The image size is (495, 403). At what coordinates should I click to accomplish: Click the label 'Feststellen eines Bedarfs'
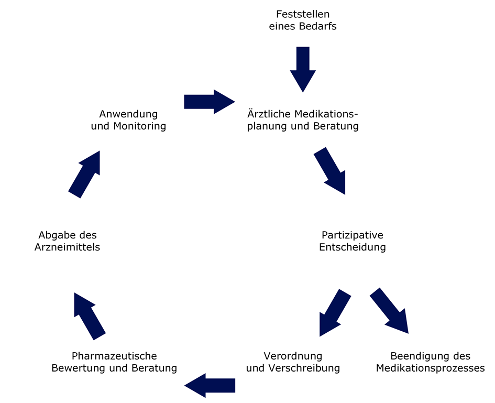pos(303,20)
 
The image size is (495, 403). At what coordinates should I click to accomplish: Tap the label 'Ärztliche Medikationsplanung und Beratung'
pos(303,120)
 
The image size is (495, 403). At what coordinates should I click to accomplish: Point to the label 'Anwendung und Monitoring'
pos(128,120)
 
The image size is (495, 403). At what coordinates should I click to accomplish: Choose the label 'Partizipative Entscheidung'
pos(353,241)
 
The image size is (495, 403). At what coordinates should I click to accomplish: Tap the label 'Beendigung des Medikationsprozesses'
pos(430,362)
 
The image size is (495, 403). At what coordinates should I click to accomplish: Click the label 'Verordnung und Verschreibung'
pos(293,362)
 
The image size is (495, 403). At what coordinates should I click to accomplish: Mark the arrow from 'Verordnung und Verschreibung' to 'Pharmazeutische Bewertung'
pos(210,385)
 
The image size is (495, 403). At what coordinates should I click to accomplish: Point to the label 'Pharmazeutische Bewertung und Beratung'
pos(114,362)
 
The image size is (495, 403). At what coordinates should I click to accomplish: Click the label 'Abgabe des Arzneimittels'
pos(67,241)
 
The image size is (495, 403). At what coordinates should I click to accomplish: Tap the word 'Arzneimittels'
pos(67,247)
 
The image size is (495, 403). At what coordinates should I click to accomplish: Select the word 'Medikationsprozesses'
pos(430,368)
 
